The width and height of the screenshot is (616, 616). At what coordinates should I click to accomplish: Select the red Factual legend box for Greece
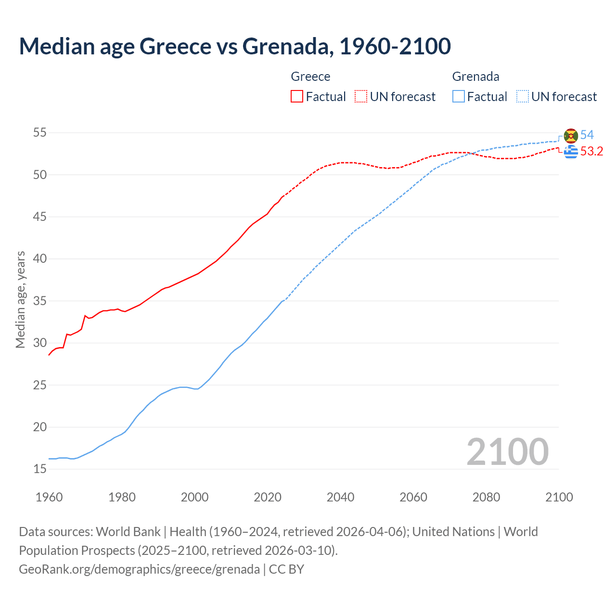(x=297, y=97)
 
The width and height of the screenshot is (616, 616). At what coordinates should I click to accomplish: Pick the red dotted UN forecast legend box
(x=361, y=97)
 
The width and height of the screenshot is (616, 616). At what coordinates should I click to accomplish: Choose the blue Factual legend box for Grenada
(x=459, y=97)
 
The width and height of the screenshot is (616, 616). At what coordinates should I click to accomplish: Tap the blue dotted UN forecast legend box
(x=523, y=97)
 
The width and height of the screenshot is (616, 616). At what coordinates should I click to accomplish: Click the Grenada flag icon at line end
(x=571, y=136)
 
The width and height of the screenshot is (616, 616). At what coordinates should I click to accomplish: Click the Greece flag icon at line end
(x=571, y=152)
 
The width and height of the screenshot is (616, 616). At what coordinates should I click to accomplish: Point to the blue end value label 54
(x=587, y=135)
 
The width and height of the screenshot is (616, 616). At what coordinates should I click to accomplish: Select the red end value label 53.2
(x=591, y=152)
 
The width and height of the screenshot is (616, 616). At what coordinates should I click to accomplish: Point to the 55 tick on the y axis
(x=40, y=133)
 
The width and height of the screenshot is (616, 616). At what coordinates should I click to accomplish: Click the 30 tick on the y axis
(x=40, y=343)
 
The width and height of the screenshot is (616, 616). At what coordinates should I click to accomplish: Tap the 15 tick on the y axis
(x=40, y=469)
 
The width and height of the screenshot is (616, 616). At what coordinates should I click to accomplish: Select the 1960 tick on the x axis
(x=49, y=497)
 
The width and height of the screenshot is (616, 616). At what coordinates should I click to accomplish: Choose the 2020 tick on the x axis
(x=268, y=497)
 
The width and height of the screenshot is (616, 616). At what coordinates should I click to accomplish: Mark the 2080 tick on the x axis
(x=486, y=497)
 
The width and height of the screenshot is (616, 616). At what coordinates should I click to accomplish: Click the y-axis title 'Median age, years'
(x=20, y=299)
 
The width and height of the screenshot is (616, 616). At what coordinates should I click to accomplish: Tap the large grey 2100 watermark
(x=508, y=452)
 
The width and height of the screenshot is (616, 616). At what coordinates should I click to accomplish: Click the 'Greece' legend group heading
(x=310, y=77)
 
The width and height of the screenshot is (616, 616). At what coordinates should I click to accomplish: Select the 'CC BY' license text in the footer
(x=286, y=569)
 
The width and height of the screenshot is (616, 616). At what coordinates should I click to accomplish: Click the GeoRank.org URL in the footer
(x=139, y=569)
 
